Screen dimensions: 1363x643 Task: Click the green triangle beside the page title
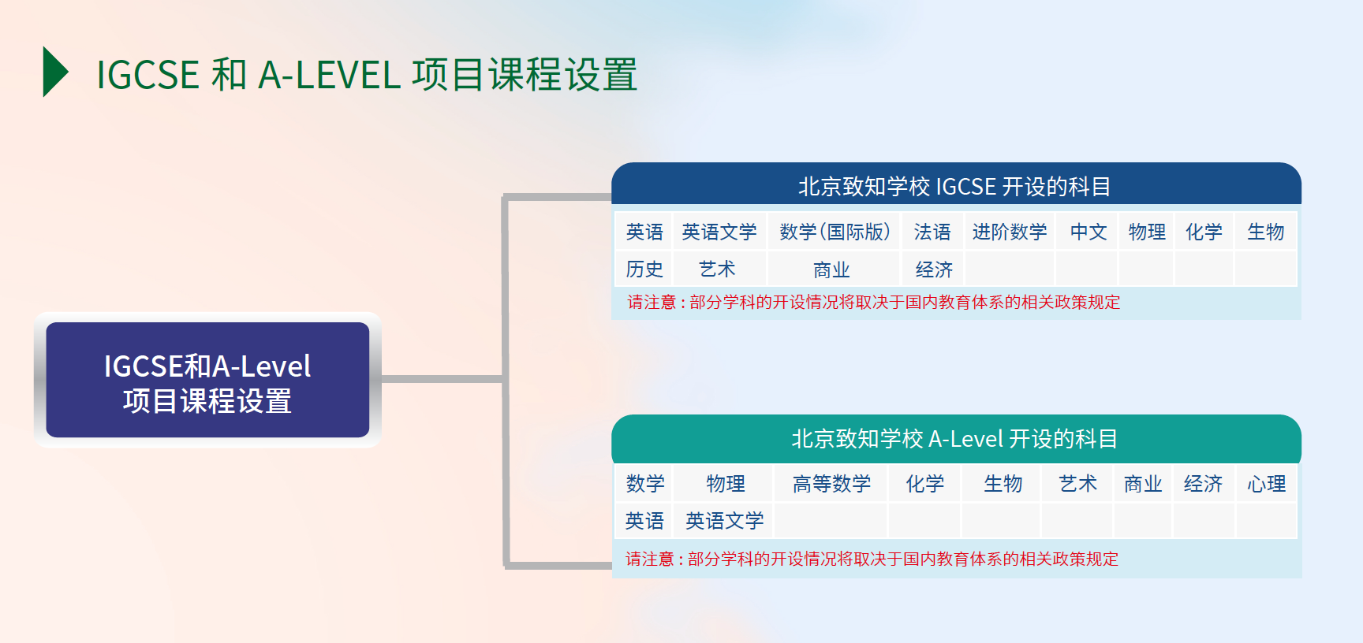pos(54,72)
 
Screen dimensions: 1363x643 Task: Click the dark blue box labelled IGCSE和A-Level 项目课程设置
pos(207,380)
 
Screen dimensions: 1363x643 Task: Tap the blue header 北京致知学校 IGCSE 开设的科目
pos(956,186)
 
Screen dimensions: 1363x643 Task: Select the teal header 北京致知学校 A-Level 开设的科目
pos(956,438)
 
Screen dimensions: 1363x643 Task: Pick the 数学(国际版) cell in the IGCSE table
pos(835,232)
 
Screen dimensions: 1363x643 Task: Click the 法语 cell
pos(932,232)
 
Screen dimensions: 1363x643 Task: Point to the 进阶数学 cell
pos(1010,232)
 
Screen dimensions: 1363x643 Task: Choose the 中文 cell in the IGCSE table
pos(1088,232)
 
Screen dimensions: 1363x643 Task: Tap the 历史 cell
pos(644,269)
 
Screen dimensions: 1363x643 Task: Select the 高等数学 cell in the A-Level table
pos(831,484)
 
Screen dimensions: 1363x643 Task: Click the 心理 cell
pos(1267,484)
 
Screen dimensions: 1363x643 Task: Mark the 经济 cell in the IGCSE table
pos(933,269)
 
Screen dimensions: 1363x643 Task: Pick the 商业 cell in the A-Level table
pos(1143,484)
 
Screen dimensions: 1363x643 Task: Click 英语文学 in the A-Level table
pos(724,521)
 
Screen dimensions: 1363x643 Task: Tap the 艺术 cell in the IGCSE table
pos(718,269)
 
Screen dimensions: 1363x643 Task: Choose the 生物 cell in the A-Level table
pos(1003,484)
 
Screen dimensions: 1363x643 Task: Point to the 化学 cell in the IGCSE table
pos(1204,232)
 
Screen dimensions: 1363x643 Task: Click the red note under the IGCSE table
pos(873,303)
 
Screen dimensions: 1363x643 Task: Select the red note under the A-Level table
pos(872,559)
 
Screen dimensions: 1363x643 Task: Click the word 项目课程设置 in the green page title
pos(525,75)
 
